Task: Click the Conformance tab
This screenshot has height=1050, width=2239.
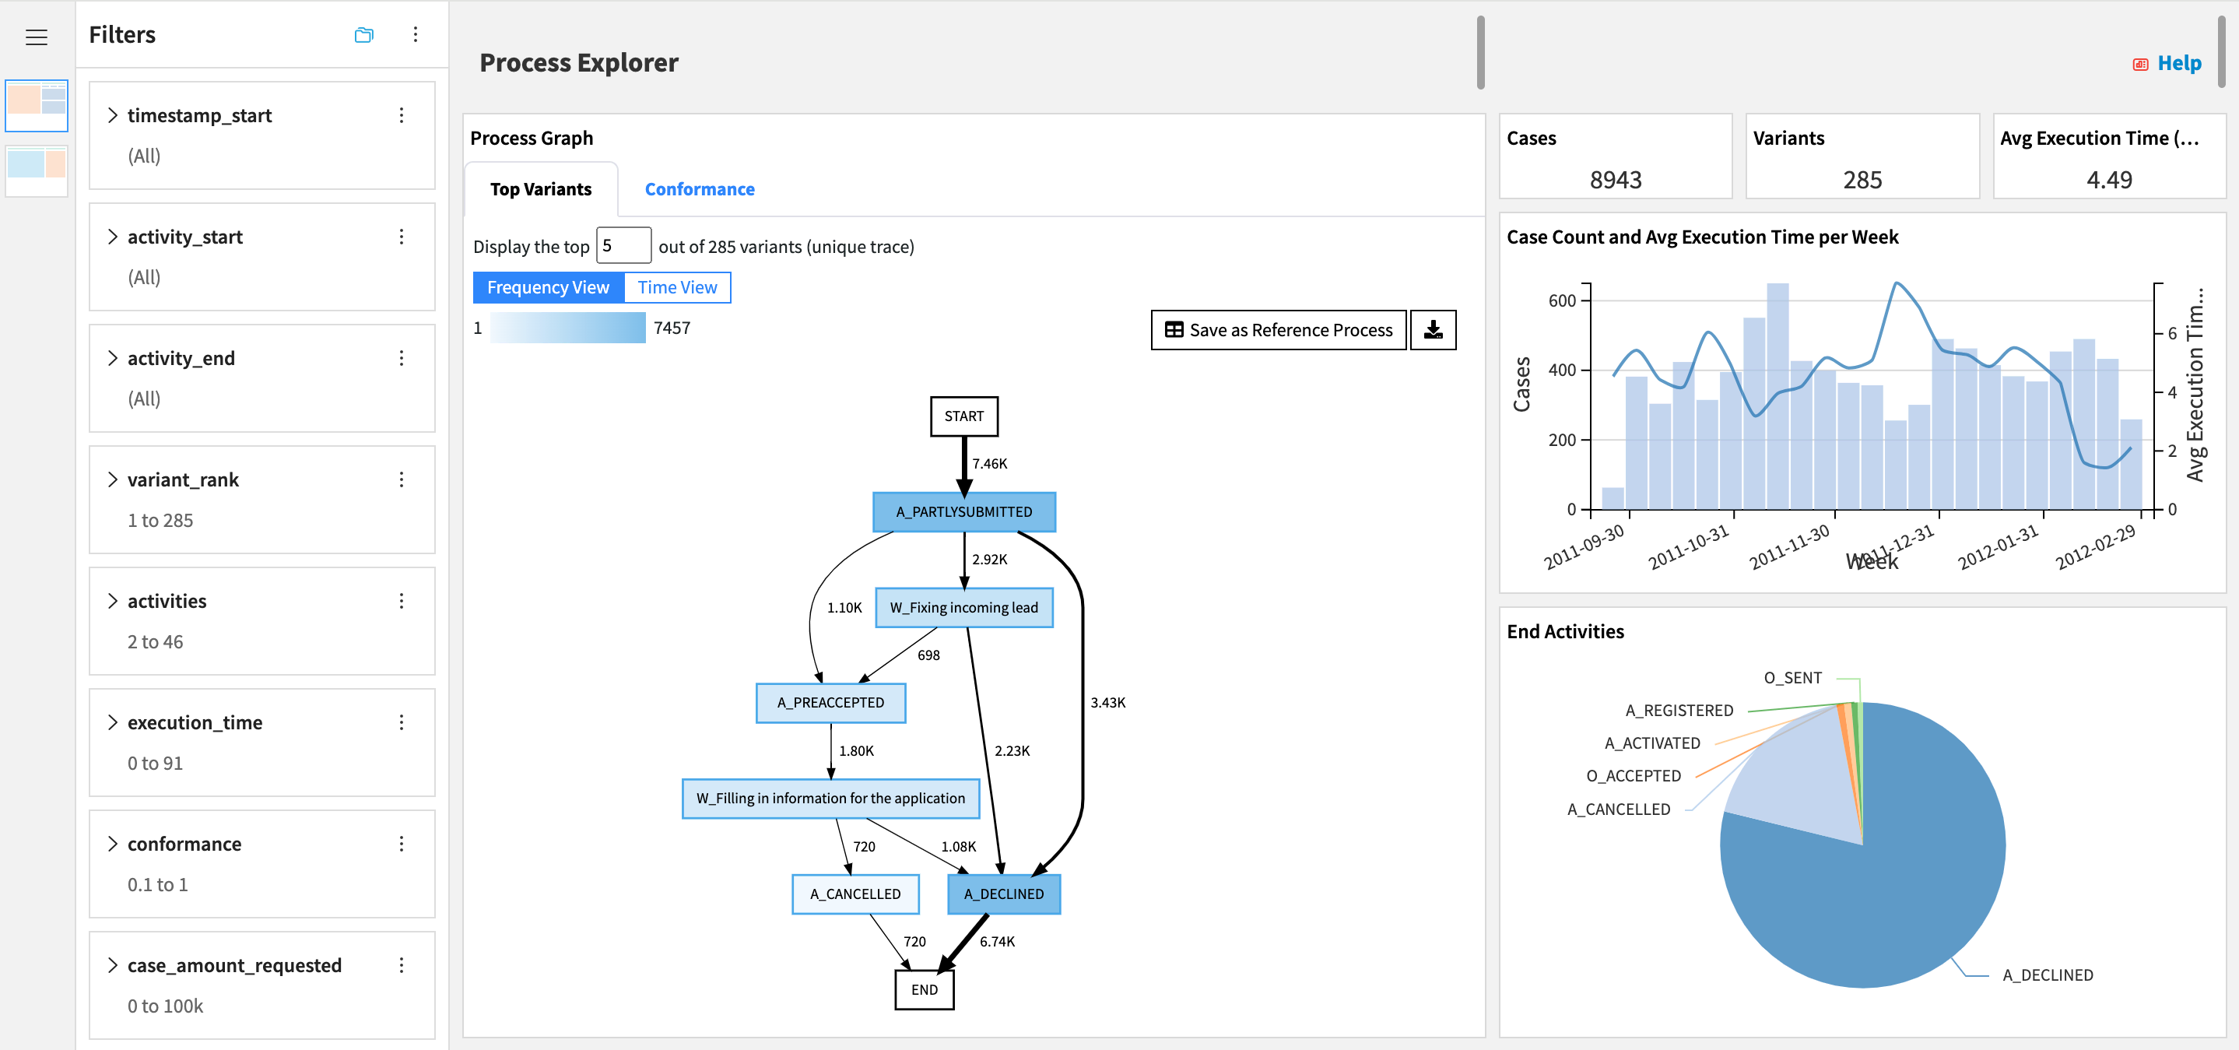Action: [699, 189]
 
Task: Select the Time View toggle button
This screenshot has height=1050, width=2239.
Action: [677, 288]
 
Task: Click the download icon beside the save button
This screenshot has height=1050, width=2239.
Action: [1433, 330]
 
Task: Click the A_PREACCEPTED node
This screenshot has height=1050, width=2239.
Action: [830, 702]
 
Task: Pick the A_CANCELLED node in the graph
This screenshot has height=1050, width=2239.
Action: [855, 894]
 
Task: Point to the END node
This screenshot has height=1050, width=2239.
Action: [924, 989]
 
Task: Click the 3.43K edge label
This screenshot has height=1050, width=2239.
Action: [1107, 702]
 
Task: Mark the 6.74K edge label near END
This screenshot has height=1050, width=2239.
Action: [997, 941]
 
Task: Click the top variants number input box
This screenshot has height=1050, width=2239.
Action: [623, 246]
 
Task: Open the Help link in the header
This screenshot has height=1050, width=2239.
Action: [2178, 64]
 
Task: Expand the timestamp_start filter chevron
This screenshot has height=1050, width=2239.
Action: [112, 116]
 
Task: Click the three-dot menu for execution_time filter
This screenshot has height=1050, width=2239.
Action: [402, 722]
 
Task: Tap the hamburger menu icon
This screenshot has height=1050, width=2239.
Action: [37, 37]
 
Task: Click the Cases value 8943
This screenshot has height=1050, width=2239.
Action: [1615, 180]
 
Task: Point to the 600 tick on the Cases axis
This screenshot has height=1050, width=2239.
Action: [1561, 300]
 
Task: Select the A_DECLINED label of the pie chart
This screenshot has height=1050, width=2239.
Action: [2047, 975]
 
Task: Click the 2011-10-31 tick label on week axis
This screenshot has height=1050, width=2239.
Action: [1688, 548]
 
